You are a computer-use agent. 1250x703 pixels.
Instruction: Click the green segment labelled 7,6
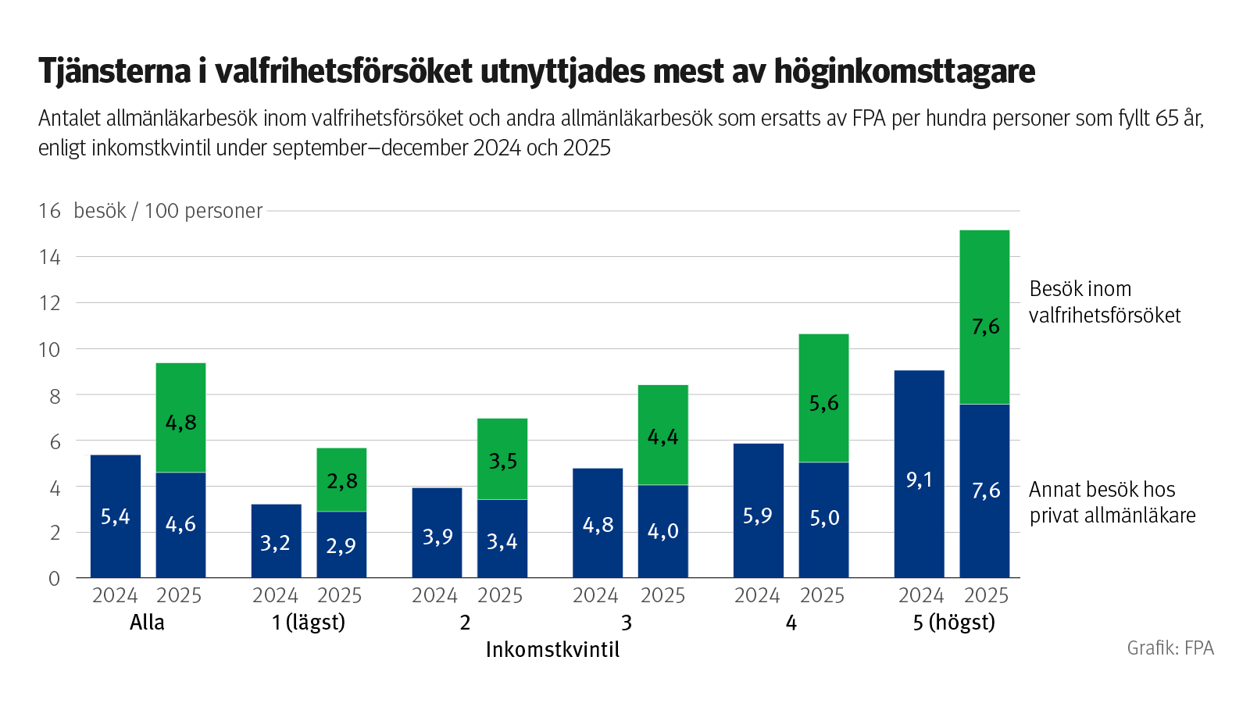tap(984, 316)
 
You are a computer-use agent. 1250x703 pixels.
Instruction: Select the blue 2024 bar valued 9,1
tap(919, 474)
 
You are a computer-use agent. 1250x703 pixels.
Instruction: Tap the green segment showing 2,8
tap(341, 480)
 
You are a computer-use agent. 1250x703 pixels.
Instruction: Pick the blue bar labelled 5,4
tap(116, 516)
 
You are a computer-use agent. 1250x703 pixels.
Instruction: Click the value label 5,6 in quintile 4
tap(823, 403)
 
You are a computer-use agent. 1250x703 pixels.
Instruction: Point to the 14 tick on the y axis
tap(49, 257)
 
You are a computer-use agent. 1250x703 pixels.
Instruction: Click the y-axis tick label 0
tap(54, 579)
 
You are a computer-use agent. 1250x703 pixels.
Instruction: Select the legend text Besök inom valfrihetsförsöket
tap(1104, 302)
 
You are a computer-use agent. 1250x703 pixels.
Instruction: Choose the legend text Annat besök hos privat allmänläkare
tap(1111, 502)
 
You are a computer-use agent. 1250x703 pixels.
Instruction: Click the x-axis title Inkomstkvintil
tap(552, 650)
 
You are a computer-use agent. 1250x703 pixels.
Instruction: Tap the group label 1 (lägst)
tap(308, 623)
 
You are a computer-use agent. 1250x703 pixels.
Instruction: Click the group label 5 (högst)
tap(954, 623)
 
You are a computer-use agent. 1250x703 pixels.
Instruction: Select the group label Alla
tap(147, 623)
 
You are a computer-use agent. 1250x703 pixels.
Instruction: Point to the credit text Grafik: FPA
tap(1170, 648)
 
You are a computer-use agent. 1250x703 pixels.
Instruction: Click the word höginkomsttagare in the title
tap(904, 71)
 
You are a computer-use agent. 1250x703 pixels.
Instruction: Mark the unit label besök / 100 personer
tap(168, 211)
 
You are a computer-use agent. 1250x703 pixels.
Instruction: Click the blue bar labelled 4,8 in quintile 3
tap(598, 523)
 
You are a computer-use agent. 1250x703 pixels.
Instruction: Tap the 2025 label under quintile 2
tap(500, 596)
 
